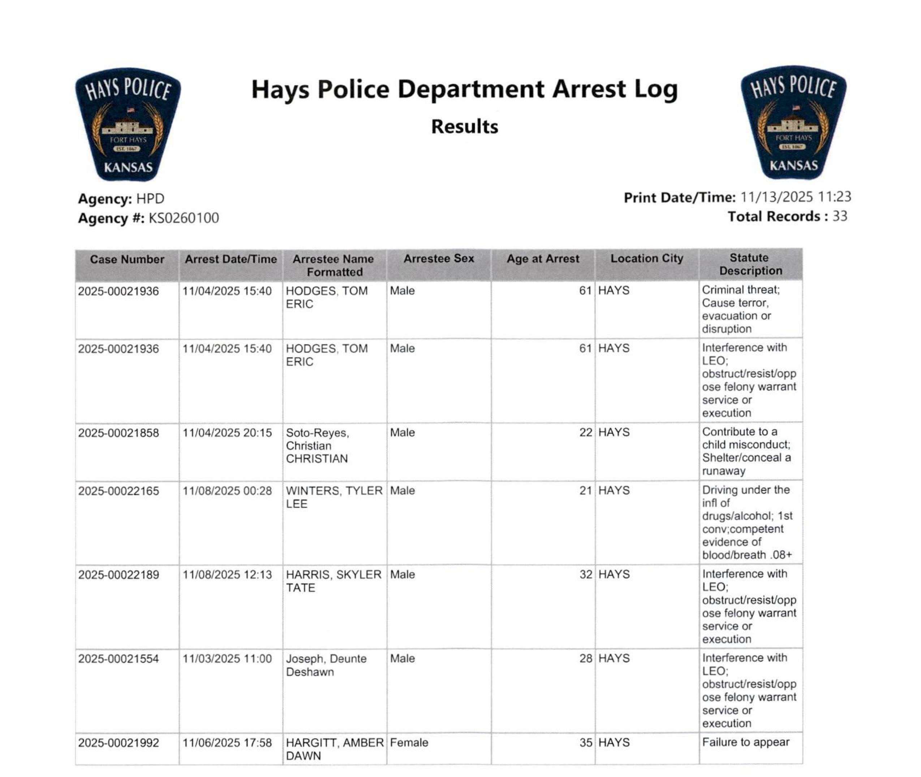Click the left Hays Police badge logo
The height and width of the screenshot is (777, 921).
tap(128, 125)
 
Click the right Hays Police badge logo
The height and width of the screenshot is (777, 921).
tap(793, 123)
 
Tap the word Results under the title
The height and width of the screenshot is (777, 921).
tap(464, 127)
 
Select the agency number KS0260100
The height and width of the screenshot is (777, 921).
tap(184, 218)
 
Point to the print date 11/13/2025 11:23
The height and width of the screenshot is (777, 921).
tap(796, 197)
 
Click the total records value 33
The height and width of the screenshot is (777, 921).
tap(839, 216)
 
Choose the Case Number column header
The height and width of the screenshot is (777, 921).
tap(127, 259)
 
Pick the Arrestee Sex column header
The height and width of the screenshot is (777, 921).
tap(439, 258)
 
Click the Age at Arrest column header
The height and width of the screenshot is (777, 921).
tap(543, 258)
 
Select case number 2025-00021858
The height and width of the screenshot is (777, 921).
tap(119, 433)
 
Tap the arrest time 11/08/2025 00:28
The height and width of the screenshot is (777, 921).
tap(227, 491)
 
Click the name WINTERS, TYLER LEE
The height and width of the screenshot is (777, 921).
tap(334, 497)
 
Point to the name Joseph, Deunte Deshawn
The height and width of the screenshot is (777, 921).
tap(326, 665)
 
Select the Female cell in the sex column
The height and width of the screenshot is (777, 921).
tap(409, 743)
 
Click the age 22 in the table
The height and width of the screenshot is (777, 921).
tap(585, 433)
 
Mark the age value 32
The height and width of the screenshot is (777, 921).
tap(585, 574)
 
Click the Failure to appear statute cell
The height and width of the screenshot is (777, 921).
tap(745, 742)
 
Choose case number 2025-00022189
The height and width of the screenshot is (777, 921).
tap(119, 575)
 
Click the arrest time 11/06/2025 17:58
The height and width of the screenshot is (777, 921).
tap(227, 743)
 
